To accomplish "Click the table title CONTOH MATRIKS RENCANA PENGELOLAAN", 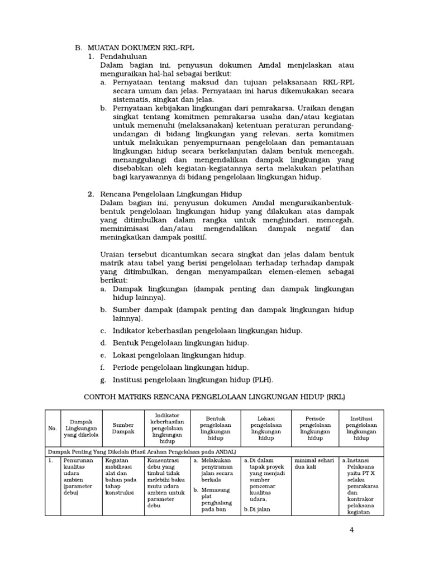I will pyautogui.click(x=214, y=397).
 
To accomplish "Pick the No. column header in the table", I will pyautogui.click(x=52, y=428).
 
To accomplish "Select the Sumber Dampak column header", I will pyautogui.click(x=123, y=428).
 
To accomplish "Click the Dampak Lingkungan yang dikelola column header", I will pyautogui.click(x=80, y=428).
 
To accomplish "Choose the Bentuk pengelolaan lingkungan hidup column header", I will pyautogui.click(x=214, y=428).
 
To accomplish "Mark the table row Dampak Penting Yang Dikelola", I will pyautogui.click(x=141, y=451).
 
